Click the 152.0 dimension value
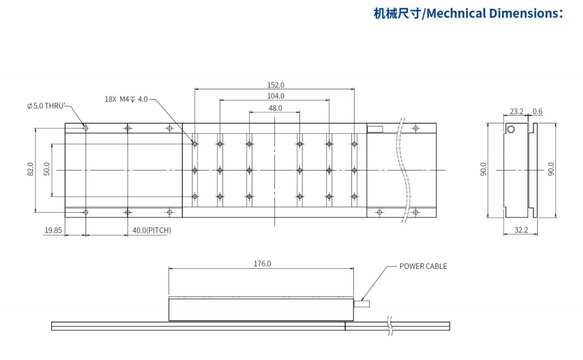pyautogui.click(x=276, y=85)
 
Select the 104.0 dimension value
pyautogui.click(x=276, y=96)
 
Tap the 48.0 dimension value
pyautogui.click(x=276, y=108)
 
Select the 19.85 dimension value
pyautogui.click(x=53, y=230)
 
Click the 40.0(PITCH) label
pyautogui.click(x=152, y=230)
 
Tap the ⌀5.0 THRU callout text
pyautogui.click(x=46, y=106)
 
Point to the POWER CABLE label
pyautogui.click(x=423, y=266)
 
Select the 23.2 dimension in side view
pyautogui.click(x=516, y=111)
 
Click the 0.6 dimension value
pyautogui.click(x=538, y=111)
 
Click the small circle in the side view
pyautogui.click(x=512, y=129)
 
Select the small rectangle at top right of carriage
pyautogui.click(x=374, y=129)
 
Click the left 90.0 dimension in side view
pyautogui.click(x=483, y=169)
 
